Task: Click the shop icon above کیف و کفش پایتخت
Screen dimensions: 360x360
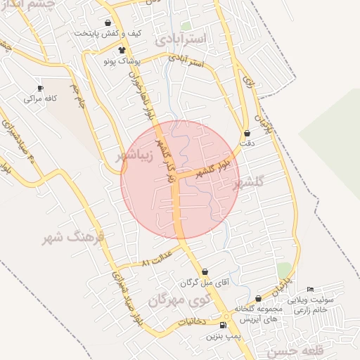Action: (108, 23)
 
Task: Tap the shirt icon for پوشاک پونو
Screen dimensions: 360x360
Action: (122, 50)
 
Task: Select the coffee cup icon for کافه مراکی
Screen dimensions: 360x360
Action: (40, 88)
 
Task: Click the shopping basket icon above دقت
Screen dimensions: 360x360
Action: (247, 133)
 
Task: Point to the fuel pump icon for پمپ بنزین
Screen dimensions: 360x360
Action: (223, 326)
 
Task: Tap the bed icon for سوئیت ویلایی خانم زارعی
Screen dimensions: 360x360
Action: (311, 289)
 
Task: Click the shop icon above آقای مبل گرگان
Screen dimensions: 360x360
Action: (205, 271)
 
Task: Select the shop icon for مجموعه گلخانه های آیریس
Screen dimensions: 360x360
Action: (259, 299)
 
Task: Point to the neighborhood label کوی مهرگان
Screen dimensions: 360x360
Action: (180, 301)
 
